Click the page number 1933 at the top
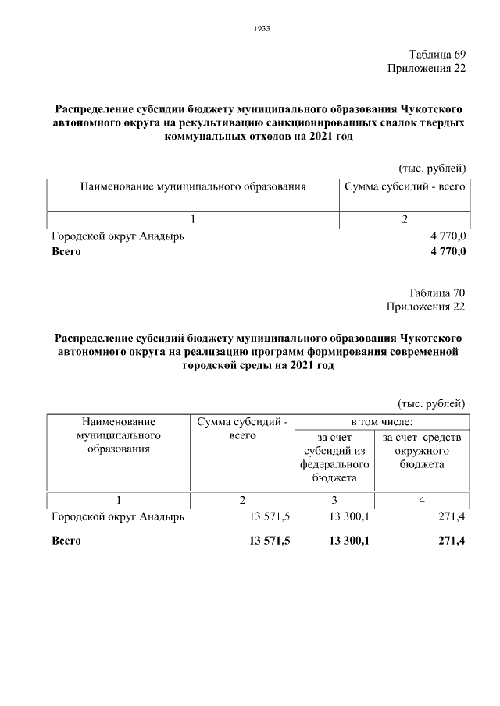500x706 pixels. click(262, 29)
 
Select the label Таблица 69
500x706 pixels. click(437, 55)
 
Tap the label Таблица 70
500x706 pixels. click(437, 293)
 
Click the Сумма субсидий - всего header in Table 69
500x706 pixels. click(405, 187)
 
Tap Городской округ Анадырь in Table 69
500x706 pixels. click(118, 236)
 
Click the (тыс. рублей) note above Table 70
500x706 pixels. click(432, 403)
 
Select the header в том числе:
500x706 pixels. click(381, 422)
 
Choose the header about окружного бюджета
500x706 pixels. click(422, 450)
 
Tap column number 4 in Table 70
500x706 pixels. click(422, 500)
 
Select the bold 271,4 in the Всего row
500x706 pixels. click(452, 540)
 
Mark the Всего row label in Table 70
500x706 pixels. click(66, 540)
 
